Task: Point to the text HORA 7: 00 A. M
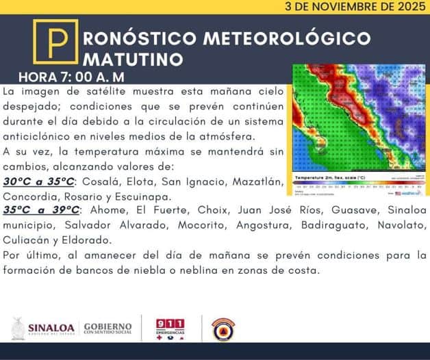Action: tap(71, 76)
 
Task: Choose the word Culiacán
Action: tap(27, 241)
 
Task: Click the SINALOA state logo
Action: tap(42, 329)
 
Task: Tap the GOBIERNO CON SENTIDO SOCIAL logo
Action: tap(107, 329)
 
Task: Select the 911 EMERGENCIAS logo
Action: tap(170, 329)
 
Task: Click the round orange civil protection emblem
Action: tap(223, 329)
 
